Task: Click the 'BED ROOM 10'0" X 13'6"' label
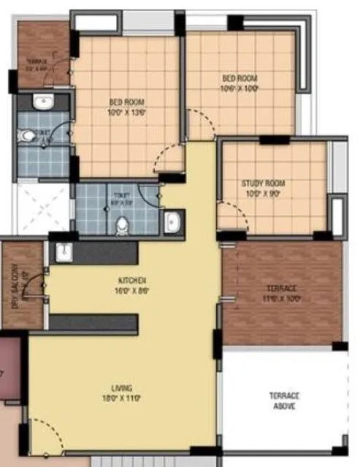tap(127, 107)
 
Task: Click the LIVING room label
tap(122, 392)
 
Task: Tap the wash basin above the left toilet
tap(41, 102)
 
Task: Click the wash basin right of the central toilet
tap(173, 222)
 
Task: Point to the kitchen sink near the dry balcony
tap(64, 252)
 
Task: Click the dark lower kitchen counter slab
tap(93, 323)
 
